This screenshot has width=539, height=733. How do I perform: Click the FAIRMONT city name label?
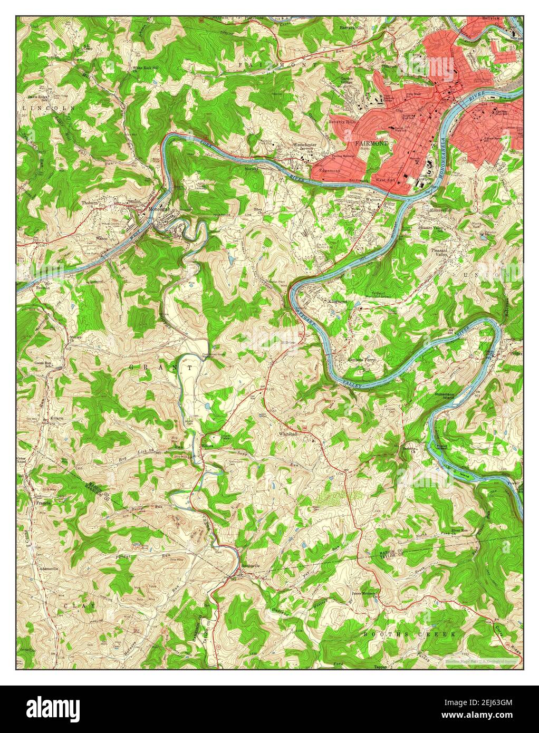pos(372,143)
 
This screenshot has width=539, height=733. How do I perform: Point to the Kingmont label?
pos(338,302)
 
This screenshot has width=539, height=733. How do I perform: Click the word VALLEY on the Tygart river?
pos(353,383)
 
